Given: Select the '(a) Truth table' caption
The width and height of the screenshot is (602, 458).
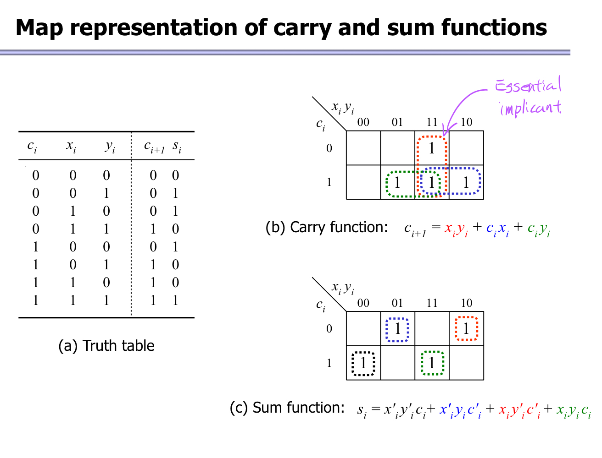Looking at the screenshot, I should (106, 345).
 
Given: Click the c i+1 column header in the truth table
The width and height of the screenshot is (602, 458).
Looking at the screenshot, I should (154, 147).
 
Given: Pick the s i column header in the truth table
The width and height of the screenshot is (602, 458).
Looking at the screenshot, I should (177, 147).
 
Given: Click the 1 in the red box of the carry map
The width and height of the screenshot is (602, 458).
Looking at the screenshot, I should (431, 148).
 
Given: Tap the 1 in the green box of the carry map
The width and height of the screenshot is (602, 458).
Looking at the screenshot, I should (397, 182).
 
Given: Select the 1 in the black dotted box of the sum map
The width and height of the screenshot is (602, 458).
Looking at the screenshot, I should (363, 363).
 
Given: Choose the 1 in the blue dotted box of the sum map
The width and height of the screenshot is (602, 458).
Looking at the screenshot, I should (397, 329).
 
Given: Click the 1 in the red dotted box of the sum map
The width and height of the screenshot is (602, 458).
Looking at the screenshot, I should (466, 329).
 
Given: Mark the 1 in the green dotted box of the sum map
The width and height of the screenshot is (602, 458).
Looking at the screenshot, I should (432, 363).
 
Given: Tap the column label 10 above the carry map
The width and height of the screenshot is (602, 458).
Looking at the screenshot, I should (466, 122).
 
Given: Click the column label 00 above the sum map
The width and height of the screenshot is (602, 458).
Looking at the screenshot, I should (363, 303).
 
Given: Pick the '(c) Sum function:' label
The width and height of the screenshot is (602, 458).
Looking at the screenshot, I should (287, 408).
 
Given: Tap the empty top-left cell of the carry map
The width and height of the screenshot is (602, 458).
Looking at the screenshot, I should (363, 148).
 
